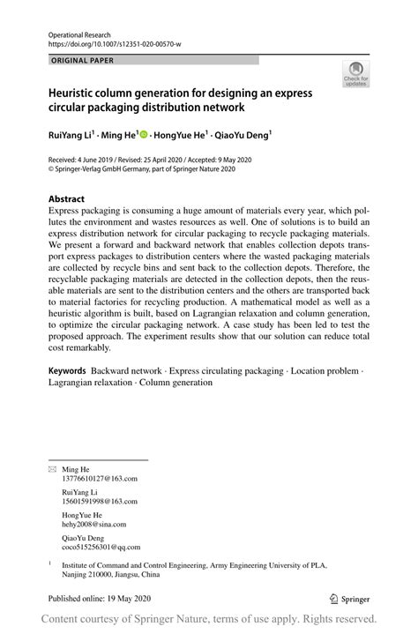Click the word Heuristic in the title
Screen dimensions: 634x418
(76, 93)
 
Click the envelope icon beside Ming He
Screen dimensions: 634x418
(52, 469)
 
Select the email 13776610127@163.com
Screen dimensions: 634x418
(101, 478)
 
